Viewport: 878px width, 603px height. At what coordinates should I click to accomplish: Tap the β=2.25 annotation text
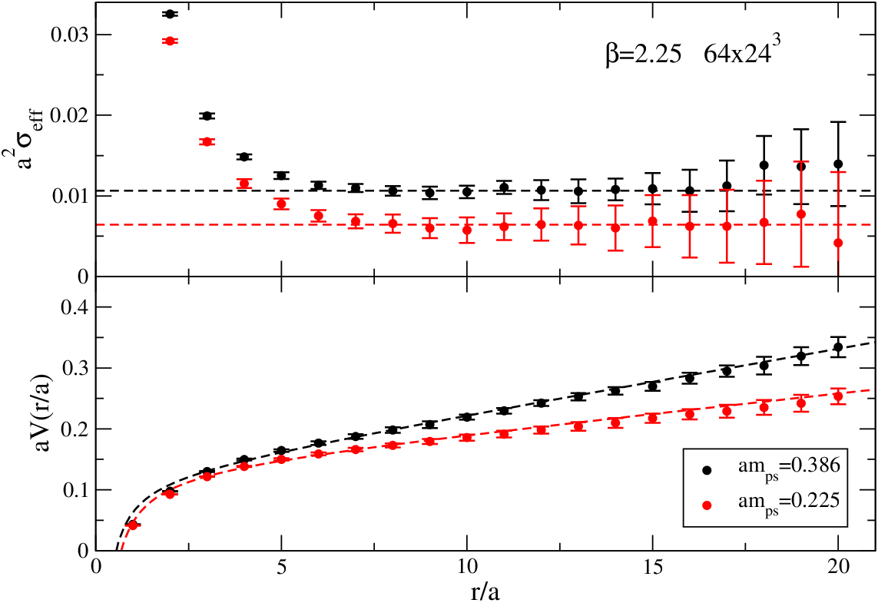[x=644, y=56]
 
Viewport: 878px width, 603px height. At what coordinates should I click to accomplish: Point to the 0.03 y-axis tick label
[x=69, y=35]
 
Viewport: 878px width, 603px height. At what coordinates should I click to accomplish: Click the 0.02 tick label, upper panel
[x=69, y=115]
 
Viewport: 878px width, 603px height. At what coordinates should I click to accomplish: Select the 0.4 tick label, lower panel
[x=75, y=307]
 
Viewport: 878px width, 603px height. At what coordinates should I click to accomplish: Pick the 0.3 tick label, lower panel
[x=75, y=368]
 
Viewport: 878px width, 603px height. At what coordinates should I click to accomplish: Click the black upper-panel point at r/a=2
[x=171, y=14]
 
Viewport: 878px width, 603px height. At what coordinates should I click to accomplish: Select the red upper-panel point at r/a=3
[x=207, y=141]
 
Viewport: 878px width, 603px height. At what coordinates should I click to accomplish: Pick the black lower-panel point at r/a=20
[x=838, y=347]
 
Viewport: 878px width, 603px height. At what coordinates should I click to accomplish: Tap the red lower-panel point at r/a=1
[x=132, y=525]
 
